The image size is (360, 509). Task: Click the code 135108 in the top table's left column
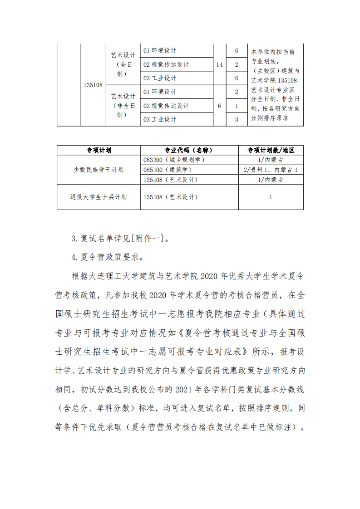(x=93, y=85)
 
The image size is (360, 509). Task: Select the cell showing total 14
(x=219, y=64)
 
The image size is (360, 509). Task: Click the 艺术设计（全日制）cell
(x=123, y=64)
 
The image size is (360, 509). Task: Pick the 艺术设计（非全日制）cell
(x=123, y=106)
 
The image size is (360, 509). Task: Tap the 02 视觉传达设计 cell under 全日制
(x=166, y=64)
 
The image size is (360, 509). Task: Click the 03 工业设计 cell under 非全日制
(x=160, y=119)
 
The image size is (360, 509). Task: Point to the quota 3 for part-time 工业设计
(x=237, y=119)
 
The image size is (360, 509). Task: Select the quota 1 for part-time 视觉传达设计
(x=237, y=106)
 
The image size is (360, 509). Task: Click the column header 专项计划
(x=99, y=150)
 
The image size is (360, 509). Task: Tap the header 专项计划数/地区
(x=271, y=150)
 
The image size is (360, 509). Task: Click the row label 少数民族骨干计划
(x=99, y=170)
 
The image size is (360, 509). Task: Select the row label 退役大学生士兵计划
(x=99, y=197)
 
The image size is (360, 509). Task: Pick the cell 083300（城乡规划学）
(x=174, y=160)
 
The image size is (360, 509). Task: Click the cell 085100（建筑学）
(x=168, y=170)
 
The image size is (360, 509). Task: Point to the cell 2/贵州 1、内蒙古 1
(x=271, y=170)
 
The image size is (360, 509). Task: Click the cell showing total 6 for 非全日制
(x=219, y=106)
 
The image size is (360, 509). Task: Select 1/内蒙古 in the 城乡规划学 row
(x=271, y=160)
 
